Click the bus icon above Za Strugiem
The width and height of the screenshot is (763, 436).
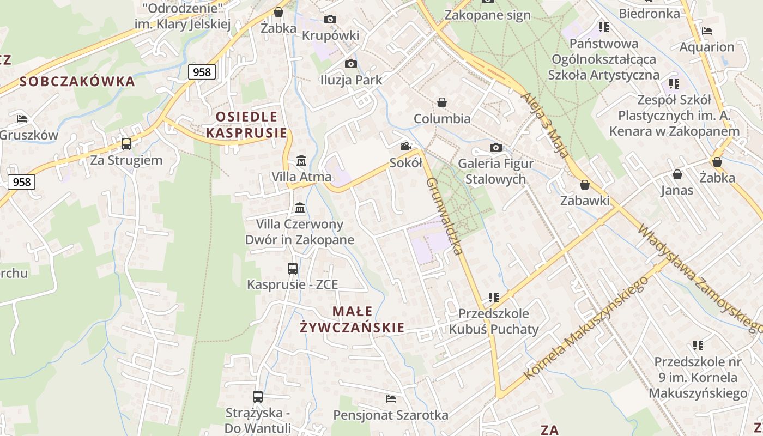126,144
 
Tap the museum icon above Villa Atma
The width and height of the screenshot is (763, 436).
301,161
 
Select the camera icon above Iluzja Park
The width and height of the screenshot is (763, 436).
351,64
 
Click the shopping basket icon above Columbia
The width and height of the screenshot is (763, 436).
442,102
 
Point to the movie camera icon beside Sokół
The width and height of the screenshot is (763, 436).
405,146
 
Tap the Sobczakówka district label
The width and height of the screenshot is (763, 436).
77,82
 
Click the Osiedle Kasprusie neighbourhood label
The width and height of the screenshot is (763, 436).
247,125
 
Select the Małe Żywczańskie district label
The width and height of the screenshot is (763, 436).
353,319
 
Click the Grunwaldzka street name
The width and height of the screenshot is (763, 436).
445,216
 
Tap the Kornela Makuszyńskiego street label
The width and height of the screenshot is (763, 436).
586,328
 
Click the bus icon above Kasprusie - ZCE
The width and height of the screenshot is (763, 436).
293,268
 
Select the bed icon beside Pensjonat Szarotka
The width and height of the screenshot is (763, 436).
391,399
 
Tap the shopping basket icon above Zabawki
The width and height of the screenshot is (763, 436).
585,185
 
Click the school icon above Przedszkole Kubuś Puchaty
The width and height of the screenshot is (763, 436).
494,298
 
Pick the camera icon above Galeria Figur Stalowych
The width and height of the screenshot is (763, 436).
495,147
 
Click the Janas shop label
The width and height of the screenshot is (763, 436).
677,190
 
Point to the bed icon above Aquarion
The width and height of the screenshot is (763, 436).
707,31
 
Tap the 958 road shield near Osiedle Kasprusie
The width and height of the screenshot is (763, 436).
202,71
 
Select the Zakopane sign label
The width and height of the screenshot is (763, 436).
487,15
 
